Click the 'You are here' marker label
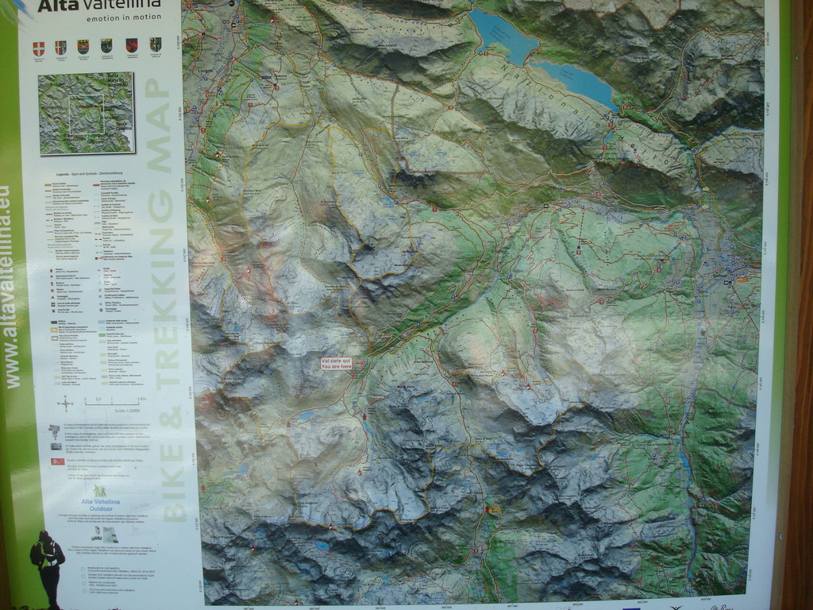point(336,364)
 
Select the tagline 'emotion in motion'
point(122,17)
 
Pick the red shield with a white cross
point(38,48)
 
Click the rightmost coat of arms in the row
point(155,44)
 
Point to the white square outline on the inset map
point(87,114)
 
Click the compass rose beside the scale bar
point(65,403)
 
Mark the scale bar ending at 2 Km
point(115,403)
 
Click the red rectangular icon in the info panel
point(57,461)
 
